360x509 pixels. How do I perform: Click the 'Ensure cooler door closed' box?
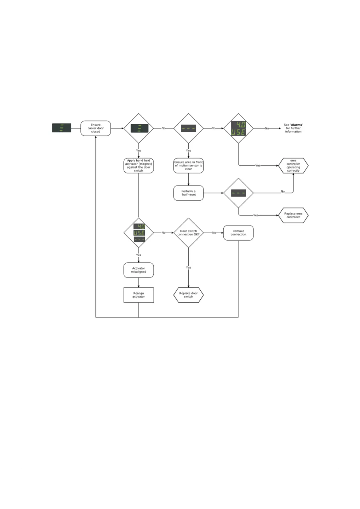click(x=96, y=128)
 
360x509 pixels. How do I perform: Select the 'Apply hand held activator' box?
click(x=138, y=166)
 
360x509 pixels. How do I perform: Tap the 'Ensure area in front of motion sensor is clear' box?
click(x=188, y=166)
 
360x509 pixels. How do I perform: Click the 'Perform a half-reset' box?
click(x=188, y=193)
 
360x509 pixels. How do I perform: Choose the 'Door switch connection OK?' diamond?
click(x=188, y=233)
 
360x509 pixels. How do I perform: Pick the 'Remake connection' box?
click(x=238, y=233)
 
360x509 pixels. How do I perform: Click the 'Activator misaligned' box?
click(x=138, y=270)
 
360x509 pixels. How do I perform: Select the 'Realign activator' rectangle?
click(x=138, y=295)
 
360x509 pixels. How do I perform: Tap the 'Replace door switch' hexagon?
click(x=188, y=295)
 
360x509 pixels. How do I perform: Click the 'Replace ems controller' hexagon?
click(x=293, y=215)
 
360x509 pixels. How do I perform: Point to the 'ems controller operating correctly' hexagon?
click(x=293, y=166)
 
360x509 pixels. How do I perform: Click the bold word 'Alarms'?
click(x=297, y=125)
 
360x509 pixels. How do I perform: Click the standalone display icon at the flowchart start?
click(x=62, y=128)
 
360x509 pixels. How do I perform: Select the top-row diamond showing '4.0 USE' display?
click(x=238, y=128)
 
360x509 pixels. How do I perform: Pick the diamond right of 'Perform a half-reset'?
click(x=238, y=193)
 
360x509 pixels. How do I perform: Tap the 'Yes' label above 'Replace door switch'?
click(x=188, y=267)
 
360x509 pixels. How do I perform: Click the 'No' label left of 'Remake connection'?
click(x=214, y=233)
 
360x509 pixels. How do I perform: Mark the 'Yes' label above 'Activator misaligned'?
click(x=138, y=255)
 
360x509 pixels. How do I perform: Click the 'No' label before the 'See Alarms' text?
click(x=267, y=128)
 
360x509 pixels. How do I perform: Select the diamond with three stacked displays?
click(x=139, y=233)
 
